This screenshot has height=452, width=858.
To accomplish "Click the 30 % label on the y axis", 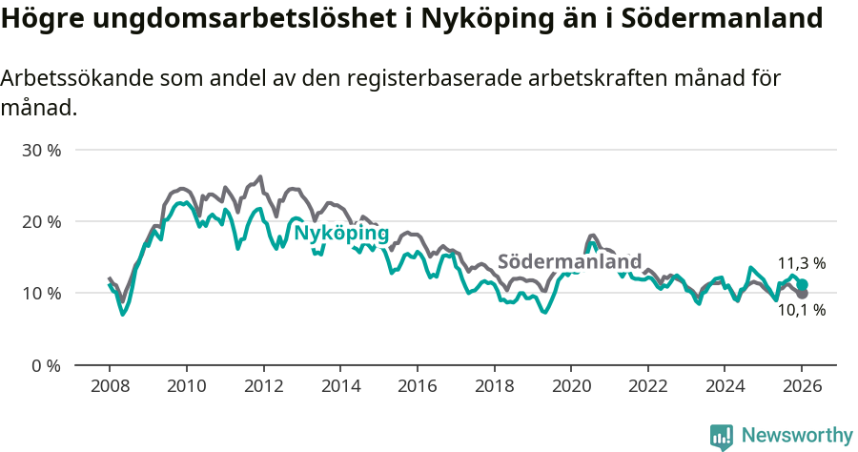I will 41,151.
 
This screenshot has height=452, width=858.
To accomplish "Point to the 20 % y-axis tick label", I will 41,222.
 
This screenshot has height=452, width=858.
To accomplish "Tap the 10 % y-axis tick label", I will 41,294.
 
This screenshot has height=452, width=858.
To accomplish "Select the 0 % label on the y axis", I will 46,365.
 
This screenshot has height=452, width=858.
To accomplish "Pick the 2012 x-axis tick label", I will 263,386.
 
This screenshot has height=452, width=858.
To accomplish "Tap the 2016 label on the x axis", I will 417,386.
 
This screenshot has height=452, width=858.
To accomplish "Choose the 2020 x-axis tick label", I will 570,386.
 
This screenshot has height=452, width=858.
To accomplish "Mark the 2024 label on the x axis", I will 725,386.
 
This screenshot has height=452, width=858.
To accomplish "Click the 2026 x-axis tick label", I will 802,386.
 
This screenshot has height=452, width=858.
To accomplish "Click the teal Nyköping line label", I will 340,234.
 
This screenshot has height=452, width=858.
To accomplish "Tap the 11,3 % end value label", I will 802,263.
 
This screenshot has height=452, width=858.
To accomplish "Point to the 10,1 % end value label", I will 802,310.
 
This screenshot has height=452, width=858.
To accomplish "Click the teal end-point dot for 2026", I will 803,284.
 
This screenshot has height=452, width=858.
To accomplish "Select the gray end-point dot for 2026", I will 803,294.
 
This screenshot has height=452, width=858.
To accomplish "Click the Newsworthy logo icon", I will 722,436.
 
